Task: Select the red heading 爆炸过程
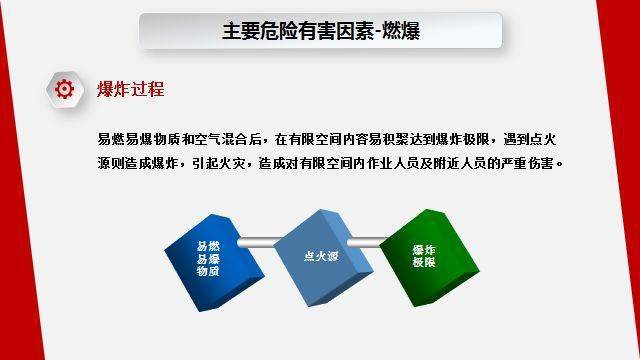(x=130, y=89)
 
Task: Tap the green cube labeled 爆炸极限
(x=423, y=256)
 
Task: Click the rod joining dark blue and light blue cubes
(x=260, y=239)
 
